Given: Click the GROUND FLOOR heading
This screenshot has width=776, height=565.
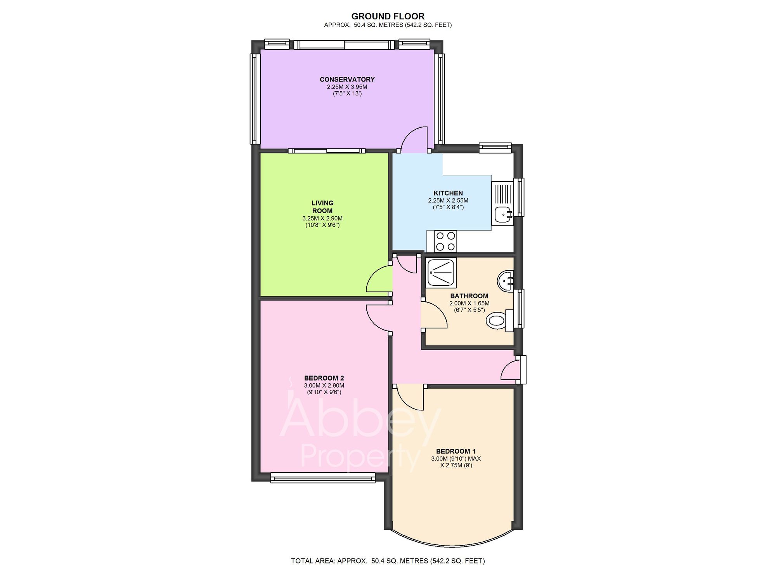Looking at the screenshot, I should [388, 16].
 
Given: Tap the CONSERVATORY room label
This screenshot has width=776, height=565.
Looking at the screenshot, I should [347, 79].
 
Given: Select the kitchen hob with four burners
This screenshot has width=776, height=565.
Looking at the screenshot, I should [445, 241].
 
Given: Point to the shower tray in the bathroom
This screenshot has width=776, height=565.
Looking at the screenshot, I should [441, 273].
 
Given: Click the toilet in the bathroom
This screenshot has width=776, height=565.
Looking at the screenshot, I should [497, 321].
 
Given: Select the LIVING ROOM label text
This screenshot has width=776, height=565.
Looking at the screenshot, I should [322, 207].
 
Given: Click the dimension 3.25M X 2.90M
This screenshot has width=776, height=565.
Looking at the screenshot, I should [322, 218].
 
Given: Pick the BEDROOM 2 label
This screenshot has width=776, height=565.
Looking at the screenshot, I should [324, 378].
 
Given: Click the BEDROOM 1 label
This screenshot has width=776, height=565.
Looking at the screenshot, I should [456, 451].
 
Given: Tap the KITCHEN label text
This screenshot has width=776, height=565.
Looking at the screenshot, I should [448, 193].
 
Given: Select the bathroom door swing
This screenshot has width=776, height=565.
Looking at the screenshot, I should [434, 315].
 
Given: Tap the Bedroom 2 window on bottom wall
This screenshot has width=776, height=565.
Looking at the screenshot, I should [323, 478].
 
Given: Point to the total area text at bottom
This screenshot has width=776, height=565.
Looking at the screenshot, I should [388, 561].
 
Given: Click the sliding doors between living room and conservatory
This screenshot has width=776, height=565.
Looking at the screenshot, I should [326, 151].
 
